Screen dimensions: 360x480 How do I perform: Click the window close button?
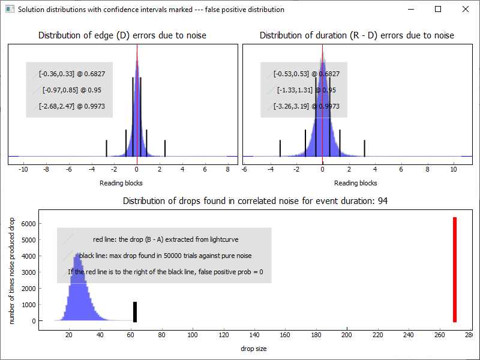(x=465, y=9)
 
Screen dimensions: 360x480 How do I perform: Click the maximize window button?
(x=438, y=9)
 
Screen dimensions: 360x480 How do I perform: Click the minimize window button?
(x=411, y=9)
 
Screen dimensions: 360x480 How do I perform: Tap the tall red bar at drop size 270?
(x=455, y=269)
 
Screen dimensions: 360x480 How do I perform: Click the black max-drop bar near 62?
(x=135, y=311)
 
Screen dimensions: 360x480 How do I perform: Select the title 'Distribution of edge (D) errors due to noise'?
(x=122, y=35)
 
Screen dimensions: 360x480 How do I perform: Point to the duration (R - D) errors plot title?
(x=356, y=35)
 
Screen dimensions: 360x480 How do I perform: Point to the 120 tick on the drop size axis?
(x=223, y=335)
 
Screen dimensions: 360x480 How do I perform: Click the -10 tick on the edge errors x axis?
(x=23, y=170)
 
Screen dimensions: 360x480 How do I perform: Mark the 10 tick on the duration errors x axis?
(x=454, y=170)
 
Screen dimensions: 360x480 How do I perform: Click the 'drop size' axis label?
(x=253, y=349)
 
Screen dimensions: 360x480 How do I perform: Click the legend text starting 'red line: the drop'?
(x=166, y=239)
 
